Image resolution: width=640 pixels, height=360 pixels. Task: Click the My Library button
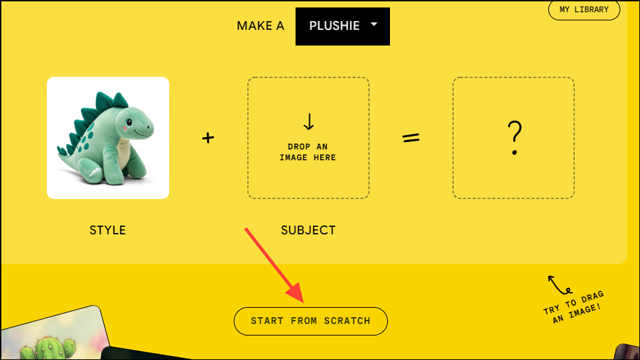pos(584,10)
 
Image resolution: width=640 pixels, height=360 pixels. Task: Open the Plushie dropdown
pos(342,26)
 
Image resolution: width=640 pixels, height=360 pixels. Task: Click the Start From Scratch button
pos(310,321)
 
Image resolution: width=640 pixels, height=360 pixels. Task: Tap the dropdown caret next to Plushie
pos(374,24)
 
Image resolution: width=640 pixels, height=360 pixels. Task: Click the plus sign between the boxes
pos(208,138)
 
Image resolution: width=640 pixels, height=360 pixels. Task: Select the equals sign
pos(411,138)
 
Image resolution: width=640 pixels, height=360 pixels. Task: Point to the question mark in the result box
pos(514,139)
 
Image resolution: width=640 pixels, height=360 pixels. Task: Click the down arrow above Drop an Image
pos(308,122)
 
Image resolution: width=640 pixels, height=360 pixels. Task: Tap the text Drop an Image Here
pos(308,152)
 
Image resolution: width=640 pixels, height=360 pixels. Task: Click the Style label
pos(107,230)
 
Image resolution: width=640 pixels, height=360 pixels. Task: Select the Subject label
pos(308,230)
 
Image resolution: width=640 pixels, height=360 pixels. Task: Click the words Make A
pos(260,26)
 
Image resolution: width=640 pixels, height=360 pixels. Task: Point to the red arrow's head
pos(297,295)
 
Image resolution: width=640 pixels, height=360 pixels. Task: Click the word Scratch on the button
pos(346,321)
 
